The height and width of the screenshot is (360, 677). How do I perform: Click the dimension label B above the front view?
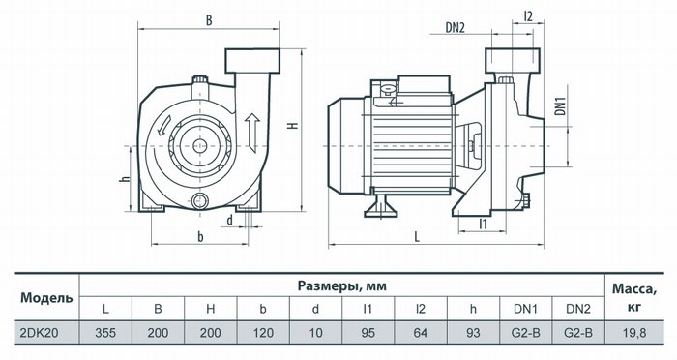click(x=209, y=20)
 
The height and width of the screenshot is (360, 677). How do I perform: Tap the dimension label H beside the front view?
click(x=294, y=126)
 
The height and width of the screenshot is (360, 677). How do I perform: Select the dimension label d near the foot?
click(x=230, y=221)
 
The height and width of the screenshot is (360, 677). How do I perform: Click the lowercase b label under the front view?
click(x=200, y=236)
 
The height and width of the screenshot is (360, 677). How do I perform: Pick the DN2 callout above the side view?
click(x=456, y=28)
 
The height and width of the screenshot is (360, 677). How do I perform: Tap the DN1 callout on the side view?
click(x=560, y=105)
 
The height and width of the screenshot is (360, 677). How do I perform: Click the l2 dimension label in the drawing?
click(x=528, y=16)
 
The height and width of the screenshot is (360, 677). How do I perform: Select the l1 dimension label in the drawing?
click(x=484, y=224)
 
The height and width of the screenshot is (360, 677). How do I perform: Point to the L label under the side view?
click(x=417, y=236)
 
